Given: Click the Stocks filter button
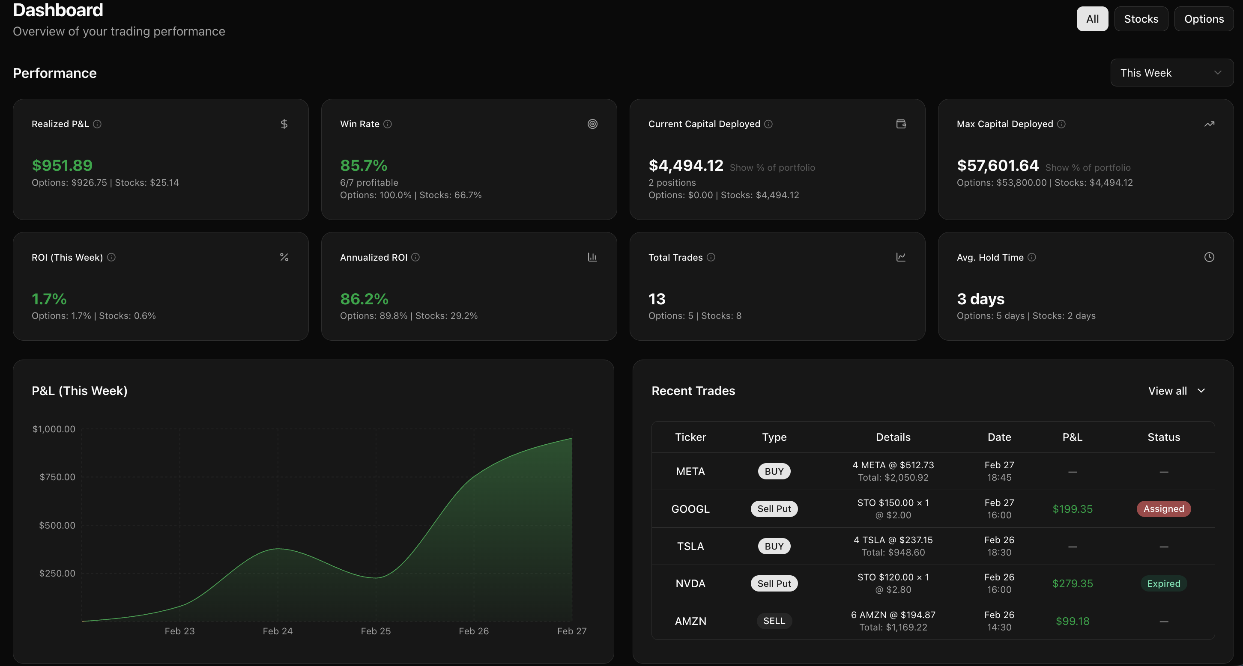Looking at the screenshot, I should (x=1141, y=19).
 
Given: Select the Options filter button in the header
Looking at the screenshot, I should (x=1204, y=19).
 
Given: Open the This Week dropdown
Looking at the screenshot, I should (x=1171, y=73).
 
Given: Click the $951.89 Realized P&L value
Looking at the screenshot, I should (x=62, y=165).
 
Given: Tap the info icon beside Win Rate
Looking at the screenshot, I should (x=388, y=124).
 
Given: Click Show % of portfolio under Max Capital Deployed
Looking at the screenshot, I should (x=1088, y=168).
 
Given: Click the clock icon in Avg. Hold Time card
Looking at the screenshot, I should (x=1209, y=257).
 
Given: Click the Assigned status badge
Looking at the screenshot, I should (x=1163, y=509).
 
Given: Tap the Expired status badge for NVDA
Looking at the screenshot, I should (x=1163, y=583).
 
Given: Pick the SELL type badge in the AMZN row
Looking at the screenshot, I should (x=774, y=621).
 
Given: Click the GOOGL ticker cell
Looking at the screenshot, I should (x=690, y=509).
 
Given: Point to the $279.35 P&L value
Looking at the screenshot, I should (x=1072, y=583).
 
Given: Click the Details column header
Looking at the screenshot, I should (x=893, y=437).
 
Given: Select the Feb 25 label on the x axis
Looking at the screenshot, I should (x=375, y=631).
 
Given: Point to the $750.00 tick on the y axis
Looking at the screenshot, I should (x=57, y=477).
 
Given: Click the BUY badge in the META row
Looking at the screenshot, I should (x=774, y=471).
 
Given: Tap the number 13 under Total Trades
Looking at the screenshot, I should (x=657, y=299).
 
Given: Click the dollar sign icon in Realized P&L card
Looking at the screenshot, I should (x=284, y=124).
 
